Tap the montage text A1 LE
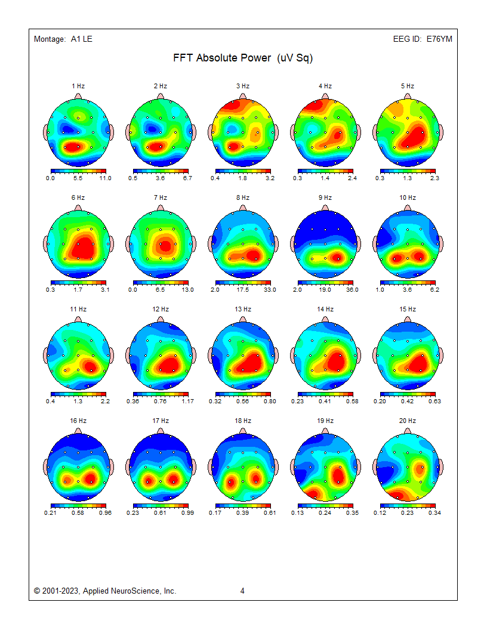pos(81,39)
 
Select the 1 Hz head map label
pos(78,86)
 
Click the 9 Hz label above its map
pos(325,197)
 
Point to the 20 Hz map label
pos(407,421)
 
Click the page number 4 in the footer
pos(242,591)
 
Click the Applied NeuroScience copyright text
pos(105,591)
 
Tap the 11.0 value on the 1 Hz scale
pos(105,178)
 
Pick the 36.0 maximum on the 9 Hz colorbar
pos(352,289)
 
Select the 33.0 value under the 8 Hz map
pos(270,289)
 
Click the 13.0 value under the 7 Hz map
pos(187,289)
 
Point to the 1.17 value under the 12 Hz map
pos(187,401)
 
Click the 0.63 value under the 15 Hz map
pos(434,401)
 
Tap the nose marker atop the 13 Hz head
pos(242,320)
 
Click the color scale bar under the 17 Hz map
pos(160,505)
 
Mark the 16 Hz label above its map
pos(78,421)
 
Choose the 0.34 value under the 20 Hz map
pos(434,512)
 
